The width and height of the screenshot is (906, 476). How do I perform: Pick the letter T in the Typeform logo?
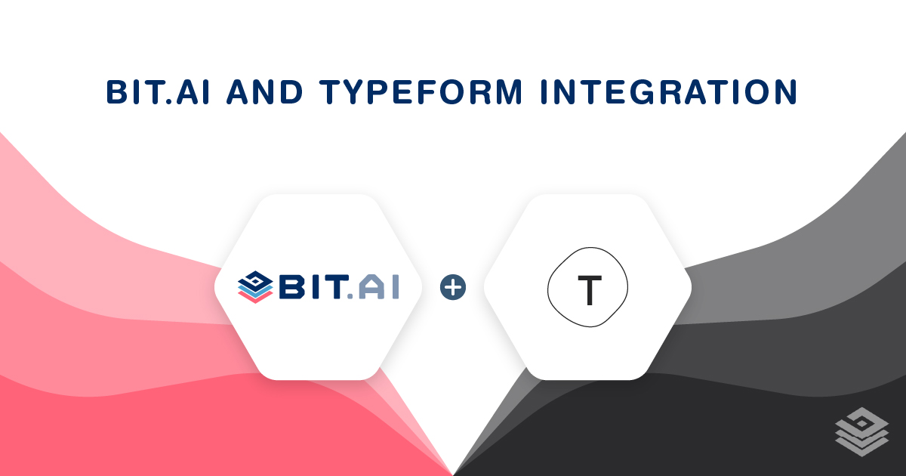[587, 289]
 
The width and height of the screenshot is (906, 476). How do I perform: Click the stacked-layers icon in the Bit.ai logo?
[255, 287]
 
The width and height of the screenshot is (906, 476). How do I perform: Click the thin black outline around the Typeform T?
[550, 289]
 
